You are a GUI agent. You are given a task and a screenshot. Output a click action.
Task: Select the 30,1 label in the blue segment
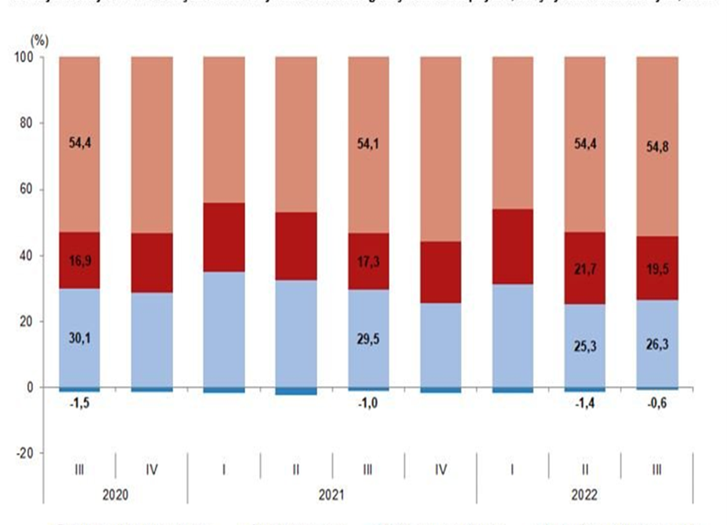click(x=79, y=339)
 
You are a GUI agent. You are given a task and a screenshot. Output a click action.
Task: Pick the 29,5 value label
click(x=368, y=339)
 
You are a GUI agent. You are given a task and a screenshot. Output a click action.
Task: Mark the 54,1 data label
click(x=368, y=143)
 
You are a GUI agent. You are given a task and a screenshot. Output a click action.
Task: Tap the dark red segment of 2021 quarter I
click(x=223, y=237)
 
